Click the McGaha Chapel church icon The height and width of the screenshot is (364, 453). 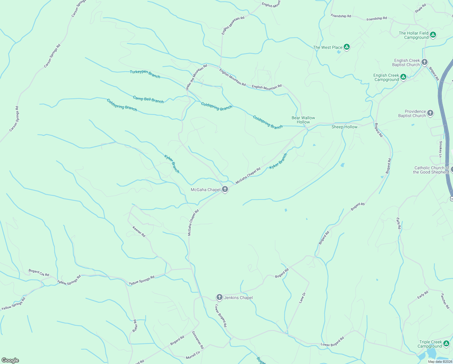point(225,190)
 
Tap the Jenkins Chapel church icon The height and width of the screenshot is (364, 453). point(219,297)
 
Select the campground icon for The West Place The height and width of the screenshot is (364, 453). point(347,47)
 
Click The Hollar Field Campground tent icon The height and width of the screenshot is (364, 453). point(433,35)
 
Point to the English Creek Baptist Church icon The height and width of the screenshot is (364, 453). point(425,62)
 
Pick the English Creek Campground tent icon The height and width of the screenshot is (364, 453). point(403,77)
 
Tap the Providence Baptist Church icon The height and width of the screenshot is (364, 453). point(430,113)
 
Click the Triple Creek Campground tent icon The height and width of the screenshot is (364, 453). point(446,344)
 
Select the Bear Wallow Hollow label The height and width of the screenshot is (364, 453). point(303,120)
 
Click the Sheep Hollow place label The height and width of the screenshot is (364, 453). point(344,127)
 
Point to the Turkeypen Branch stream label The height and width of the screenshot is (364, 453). point(145,74)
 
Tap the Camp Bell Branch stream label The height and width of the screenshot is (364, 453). point(148,99)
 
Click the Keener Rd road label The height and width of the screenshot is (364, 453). point(139,231)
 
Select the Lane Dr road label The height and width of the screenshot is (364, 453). point(303,298)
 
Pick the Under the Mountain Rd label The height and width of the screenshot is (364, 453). point(196,77)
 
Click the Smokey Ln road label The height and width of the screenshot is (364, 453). point(441,149)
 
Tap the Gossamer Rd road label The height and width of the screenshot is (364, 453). point(198,340)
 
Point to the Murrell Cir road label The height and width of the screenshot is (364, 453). point(193,355)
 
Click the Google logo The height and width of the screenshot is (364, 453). point(10,360)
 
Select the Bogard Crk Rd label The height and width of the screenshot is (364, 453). point(39,272)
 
